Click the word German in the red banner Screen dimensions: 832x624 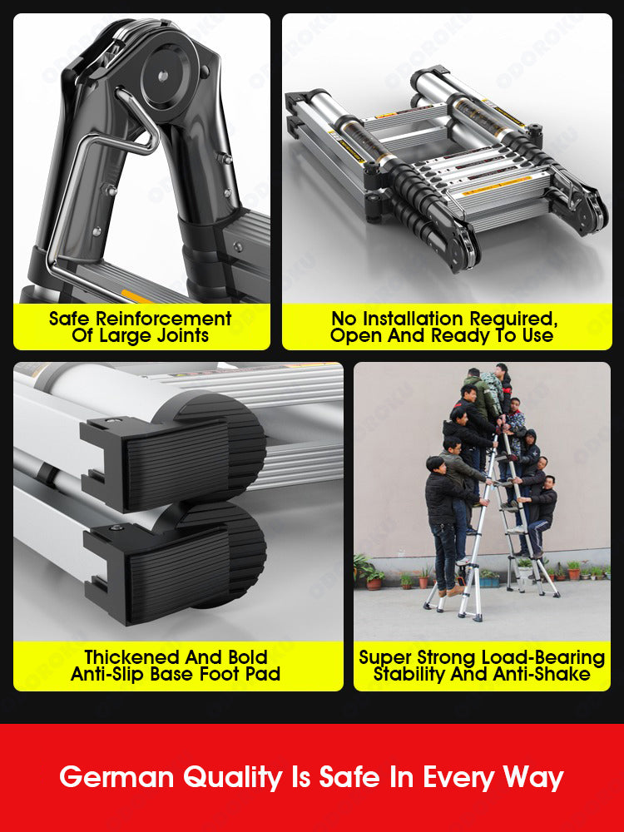coord(116,777)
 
